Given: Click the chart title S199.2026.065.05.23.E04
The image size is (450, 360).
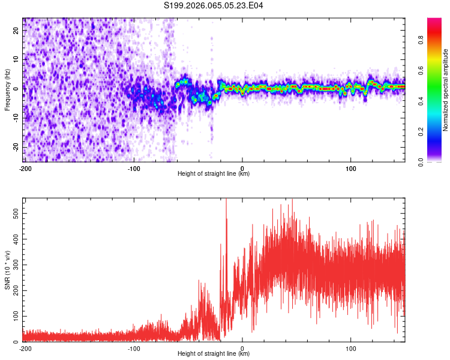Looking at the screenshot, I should [214, 5].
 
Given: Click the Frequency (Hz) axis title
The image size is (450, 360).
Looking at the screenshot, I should [7, 90].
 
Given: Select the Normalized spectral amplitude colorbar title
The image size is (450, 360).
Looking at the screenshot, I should [446, 90].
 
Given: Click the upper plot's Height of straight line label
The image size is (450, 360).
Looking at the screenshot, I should [214, 173].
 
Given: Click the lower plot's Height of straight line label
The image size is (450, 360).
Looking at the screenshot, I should [214, 353].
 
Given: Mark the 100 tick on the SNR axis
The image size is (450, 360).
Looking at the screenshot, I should [14, 316].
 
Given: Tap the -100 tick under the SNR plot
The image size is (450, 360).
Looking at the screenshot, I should [133, 348].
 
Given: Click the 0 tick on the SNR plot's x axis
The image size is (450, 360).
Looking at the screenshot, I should [242, 348].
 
